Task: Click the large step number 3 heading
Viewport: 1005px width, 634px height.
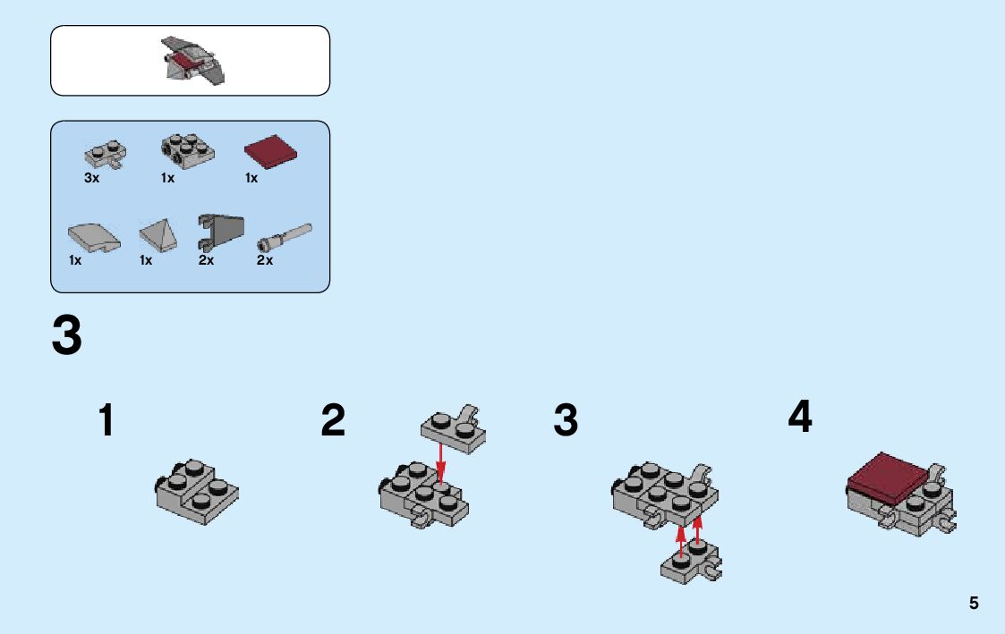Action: coord(66,335)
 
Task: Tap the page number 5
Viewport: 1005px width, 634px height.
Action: coord(974,604)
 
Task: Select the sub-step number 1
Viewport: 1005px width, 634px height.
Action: coord(106,420)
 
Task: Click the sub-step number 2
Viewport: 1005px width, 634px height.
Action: coord(333,420)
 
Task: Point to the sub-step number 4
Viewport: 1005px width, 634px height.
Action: coord(800,417)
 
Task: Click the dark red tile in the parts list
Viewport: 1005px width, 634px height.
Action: coord(270,152)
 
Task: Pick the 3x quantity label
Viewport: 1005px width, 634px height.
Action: coord(91,178)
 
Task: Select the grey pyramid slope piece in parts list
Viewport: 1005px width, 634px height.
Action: coord(158,236)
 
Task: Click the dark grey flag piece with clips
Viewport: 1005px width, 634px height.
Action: coord(220,232)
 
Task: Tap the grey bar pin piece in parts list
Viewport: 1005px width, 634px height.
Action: coord(285,237)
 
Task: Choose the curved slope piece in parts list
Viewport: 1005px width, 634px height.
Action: coord(94,238)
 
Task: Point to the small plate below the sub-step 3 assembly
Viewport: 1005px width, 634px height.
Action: coord(690,563)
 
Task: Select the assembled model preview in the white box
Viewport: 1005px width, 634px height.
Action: coord(192,60)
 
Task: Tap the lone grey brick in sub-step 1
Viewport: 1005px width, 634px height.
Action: coord(196,492)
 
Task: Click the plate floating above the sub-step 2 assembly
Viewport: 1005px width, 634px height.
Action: coord(453,429)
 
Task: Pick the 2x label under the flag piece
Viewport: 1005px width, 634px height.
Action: coord(206,260)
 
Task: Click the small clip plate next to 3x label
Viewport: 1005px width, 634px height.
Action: coord(105,155)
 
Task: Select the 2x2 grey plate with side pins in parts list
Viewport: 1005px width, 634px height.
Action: coord(187,152)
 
